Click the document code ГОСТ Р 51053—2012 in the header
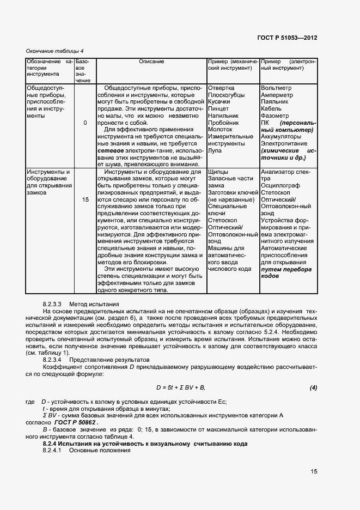pyautogui.click(x=287, y=38)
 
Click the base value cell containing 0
pyautogui.click(x=85, y=123)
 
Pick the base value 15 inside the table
pyautogui.click(x=85, y=200)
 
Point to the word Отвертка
pyautogui.click(x=221, y=87)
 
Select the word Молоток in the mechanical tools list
pyautogui.click(x=220, y=130)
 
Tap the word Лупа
pyautogui.click(x=214, y=151)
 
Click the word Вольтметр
pyautogui.click(x=277, y=87)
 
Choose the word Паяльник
pyautogui.click(x=276, y=101)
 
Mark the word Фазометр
pyautogui.click(x=275, y=116)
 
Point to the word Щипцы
pyautogui.click(x=218, y=172)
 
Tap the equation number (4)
pyautogui.click(x=313, y=387)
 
